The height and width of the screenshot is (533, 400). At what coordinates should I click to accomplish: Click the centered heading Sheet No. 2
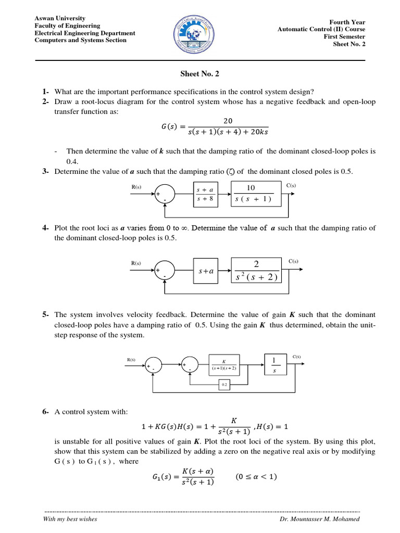[199, 74]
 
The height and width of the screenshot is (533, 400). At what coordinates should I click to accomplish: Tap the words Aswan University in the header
[60, 18]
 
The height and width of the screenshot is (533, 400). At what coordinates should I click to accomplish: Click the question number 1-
[46, 91]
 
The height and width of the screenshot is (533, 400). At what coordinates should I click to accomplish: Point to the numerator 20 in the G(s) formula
[228, 121]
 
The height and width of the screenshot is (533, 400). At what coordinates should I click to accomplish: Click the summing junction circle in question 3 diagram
[165, 194]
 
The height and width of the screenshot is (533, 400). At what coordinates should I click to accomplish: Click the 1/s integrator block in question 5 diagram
[274, 365]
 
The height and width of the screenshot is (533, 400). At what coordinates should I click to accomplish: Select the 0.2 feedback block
[224, 385]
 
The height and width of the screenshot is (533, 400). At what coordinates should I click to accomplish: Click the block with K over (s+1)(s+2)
[224, 365]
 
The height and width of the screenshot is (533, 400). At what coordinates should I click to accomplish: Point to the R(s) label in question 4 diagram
[136, 263]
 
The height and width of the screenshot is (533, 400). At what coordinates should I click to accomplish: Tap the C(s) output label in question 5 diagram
[297, 357]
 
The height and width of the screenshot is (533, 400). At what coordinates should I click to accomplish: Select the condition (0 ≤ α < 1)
[256, 476]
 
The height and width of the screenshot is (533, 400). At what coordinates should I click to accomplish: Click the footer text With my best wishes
[70, 519]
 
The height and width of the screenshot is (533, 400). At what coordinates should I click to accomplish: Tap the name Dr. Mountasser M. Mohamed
[319, 519]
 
